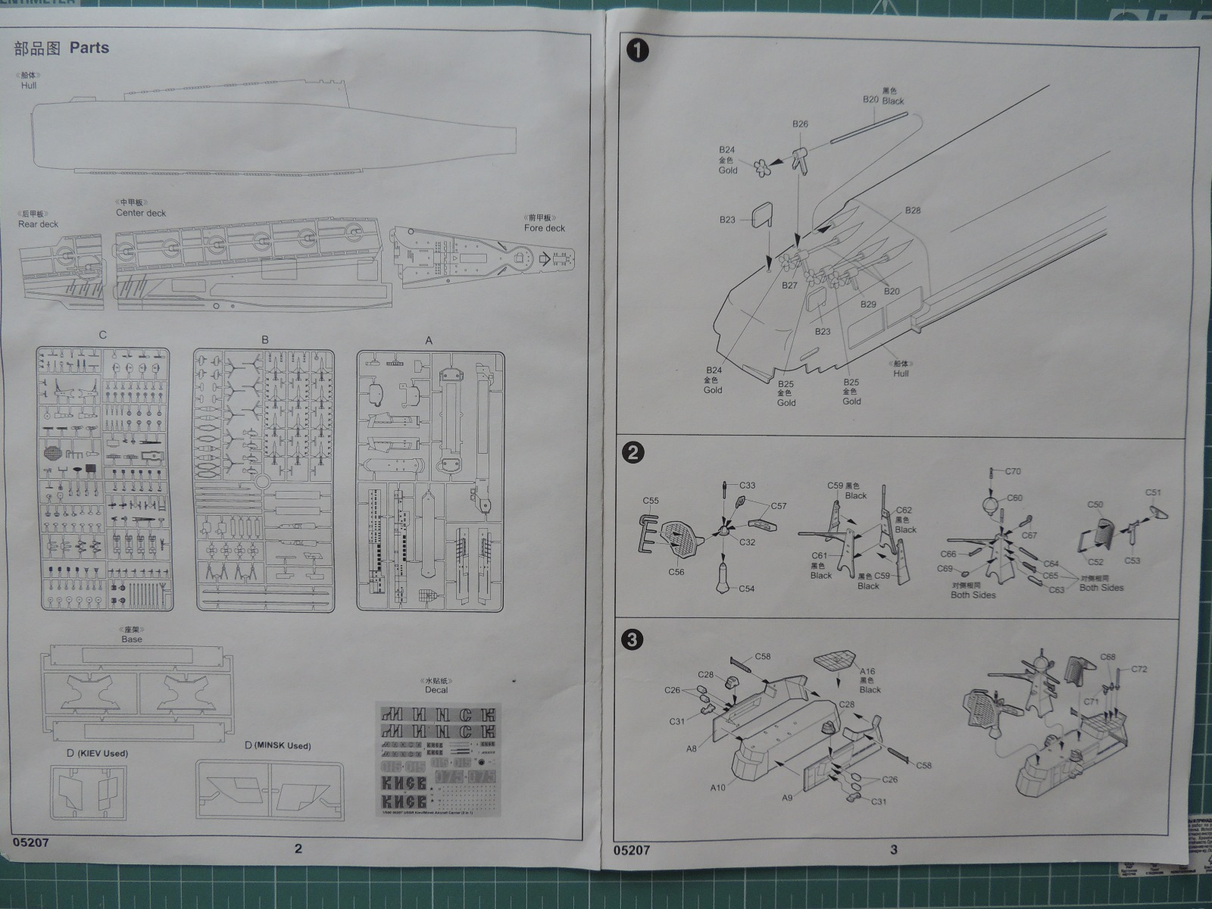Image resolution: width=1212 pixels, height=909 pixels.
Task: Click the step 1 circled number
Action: pyautogui.click(x=639, y=51)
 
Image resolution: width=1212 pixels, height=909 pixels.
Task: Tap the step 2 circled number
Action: pyautogui.click(x=633, y=453)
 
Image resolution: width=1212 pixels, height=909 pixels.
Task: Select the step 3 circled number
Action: pyautogui.click(x=633, y=640)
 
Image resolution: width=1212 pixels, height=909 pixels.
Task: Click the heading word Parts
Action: pyautogui.click(x=89, y=48)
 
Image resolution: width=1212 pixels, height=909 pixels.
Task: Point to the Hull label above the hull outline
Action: pyautogui.click(x=29, y=86)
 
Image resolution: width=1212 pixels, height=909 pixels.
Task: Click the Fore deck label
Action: pyautogui.click(x=545, y=227)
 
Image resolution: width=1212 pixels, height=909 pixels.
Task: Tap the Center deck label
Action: pyautogui.click(x=141, y=213)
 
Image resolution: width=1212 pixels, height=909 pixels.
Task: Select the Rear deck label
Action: pyautogui.click(x=38, y=224)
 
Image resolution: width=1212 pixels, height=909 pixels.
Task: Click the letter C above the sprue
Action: pyautogui.click(x=103, y=335)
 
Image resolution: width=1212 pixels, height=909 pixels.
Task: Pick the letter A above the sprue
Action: pyautogui.click(x=429, y=340)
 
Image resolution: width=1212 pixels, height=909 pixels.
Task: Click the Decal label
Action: pyautogui.click(x=436, y=689)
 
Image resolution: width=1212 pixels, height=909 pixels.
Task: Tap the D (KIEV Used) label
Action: pyautogui.click(x=97, y=753)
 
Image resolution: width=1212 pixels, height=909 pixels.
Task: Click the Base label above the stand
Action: pyautogui.click(x=132, y=639)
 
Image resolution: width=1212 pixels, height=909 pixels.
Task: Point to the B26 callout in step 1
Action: pyautogui.click(x=801, y=124)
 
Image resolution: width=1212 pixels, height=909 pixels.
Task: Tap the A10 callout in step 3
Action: pyautogui.click(x=718, y=788)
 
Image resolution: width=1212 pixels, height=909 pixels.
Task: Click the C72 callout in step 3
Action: pyautogui.click(x=1139, y=669)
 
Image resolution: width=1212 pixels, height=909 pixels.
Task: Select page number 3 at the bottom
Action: pyautogui.click(x=894, y=849)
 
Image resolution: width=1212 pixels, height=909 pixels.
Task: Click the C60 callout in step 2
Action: pyautogui.click(x=1014, y=498)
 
